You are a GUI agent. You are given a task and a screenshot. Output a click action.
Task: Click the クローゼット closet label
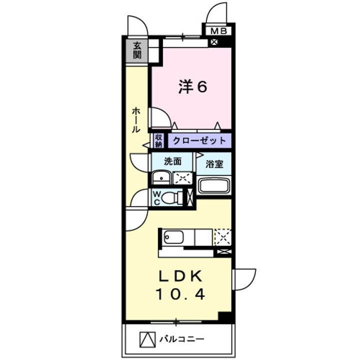click(x=199, y=141)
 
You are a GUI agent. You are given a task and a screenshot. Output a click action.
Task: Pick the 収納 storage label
click(x=158, y=141)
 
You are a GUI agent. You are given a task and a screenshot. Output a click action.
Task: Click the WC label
click(x=156, y=197)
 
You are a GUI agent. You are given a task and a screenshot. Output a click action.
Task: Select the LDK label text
click(x=180, y=276)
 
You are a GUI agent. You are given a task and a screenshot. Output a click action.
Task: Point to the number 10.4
click(x=180, y=295)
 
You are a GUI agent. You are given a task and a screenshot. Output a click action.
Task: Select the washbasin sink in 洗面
click(x=161, y=177)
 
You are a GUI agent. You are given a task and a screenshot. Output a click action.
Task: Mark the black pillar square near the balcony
click(x=226, y=317)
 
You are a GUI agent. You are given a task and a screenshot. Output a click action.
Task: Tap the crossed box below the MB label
click(x=214, y=41)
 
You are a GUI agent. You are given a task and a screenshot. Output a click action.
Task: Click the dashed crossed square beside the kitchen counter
click(x=223, y=236)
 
